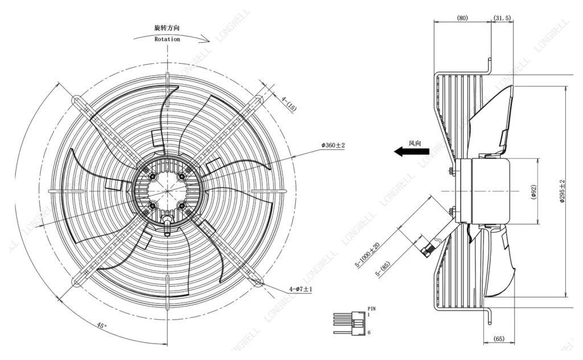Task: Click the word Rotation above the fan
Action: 167,39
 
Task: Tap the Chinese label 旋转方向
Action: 167,28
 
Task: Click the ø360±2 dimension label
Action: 333,145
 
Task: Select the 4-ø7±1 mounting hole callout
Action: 301,289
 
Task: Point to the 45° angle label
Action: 101,325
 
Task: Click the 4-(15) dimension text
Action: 289,104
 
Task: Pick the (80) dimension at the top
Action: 462,18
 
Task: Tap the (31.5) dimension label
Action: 502,18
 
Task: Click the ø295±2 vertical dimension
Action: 562,191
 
